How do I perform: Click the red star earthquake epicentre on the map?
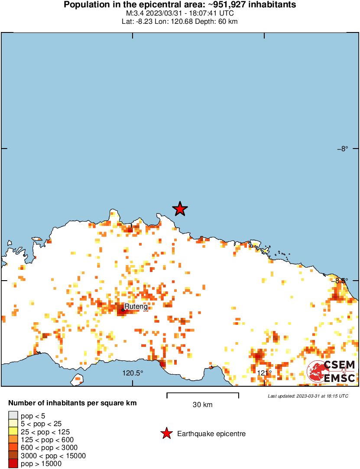(180, 209)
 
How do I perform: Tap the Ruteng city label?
(136, 307)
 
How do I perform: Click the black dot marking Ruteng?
(123, 310)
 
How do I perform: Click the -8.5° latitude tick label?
(341, 280)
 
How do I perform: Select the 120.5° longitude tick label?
(132, 373)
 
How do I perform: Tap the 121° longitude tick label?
(264, 373)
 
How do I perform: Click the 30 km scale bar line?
(203, 394)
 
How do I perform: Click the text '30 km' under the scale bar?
(203, 405)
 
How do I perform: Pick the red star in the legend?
(166, 433)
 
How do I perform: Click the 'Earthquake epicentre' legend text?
(211, 433)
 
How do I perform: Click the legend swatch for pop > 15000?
(13, 464)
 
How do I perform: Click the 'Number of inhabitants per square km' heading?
(72, 403)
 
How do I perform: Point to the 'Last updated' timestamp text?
(308, 396)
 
